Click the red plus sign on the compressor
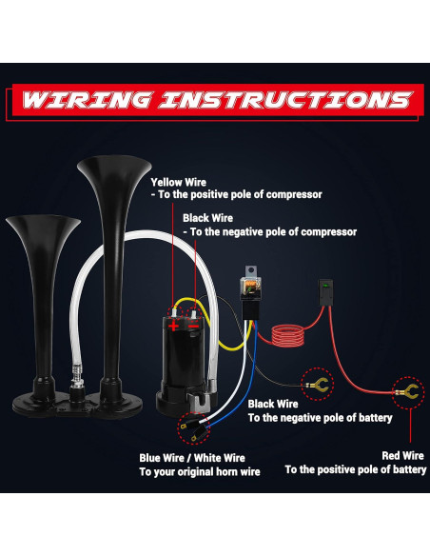coord(173,325)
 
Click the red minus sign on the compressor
coord(194,325)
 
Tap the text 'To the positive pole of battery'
coord(355,469)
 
